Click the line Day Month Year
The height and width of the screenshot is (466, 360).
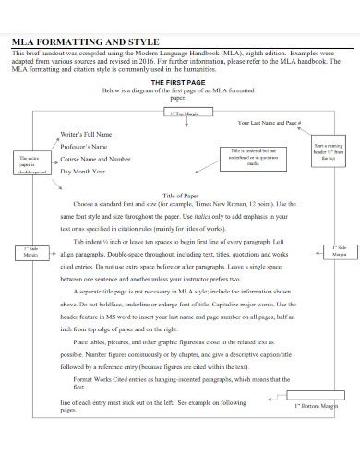pos(93,172)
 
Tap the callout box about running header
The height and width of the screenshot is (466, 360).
pos(327,151)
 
